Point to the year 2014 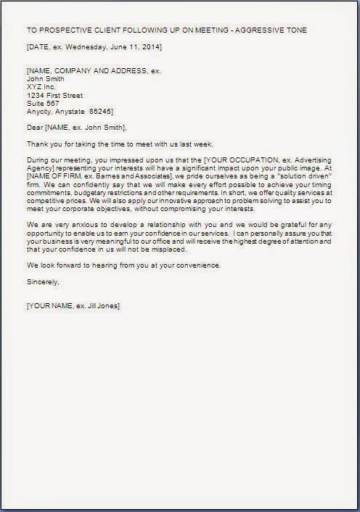click(150, 47)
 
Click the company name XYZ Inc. click(41, 86)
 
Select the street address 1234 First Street click(54, 95)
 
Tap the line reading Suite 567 click(44, 103)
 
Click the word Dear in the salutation click(34, 128)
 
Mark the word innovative click(185, 210)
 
